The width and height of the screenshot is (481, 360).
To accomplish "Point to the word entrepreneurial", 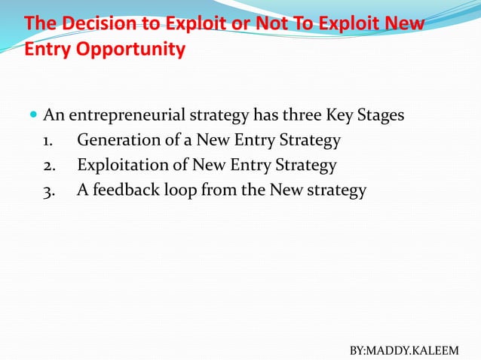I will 127,117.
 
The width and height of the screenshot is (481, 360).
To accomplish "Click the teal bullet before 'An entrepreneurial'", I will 32,116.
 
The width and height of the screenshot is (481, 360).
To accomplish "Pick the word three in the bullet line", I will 299,116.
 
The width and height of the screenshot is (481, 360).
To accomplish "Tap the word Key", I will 339,116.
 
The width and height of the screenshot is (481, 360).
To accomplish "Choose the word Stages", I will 380,117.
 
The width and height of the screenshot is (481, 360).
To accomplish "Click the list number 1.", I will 47,141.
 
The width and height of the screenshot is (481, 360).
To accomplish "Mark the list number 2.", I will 47,166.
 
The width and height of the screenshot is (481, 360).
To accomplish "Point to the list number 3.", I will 47,191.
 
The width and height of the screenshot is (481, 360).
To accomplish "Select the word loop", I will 180,191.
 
